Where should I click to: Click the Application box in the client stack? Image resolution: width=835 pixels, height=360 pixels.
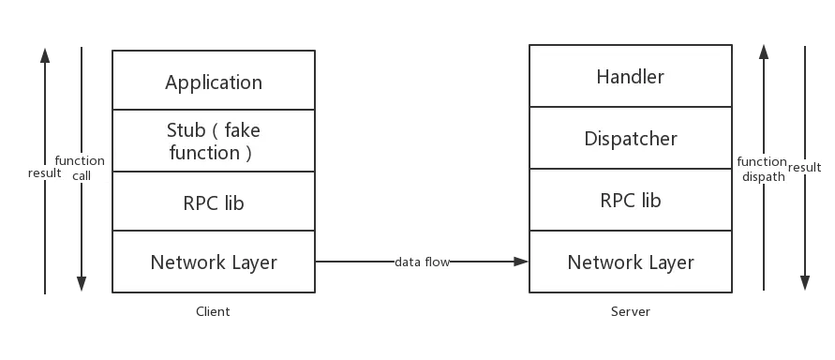tap(214, 82)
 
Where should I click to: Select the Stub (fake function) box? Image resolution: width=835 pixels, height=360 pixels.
tap(214, 142)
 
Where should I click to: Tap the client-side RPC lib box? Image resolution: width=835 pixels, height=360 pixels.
tap(214, 202)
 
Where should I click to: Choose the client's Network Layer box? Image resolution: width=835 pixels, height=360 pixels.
tap(214, 262)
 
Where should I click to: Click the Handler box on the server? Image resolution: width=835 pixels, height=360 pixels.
tap(630, 78)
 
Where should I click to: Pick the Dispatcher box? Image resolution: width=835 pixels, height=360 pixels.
tap(630, 139)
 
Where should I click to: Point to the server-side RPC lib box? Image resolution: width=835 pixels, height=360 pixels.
tap(630, 201)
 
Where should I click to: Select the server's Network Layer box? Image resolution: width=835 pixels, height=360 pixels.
tap(630, 262)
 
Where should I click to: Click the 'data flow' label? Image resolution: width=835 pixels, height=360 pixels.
tap(422, 262)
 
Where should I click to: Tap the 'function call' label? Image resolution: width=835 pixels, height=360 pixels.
tap(81, 168)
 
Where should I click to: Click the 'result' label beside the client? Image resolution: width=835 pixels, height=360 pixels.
tap(44, 173)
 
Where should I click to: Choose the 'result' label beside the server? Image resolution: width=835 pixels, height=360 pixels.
tap(805, 167)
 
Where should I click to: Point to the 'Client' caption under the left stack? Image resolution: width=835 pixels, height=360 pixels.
tap(213, 312)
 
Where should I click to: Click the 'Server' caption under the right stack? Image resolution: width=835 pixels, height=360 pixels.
tap(630, 312)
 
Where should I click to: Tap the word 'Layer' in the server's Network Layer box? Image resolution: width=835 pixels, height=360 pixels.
tap(666, 262)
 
